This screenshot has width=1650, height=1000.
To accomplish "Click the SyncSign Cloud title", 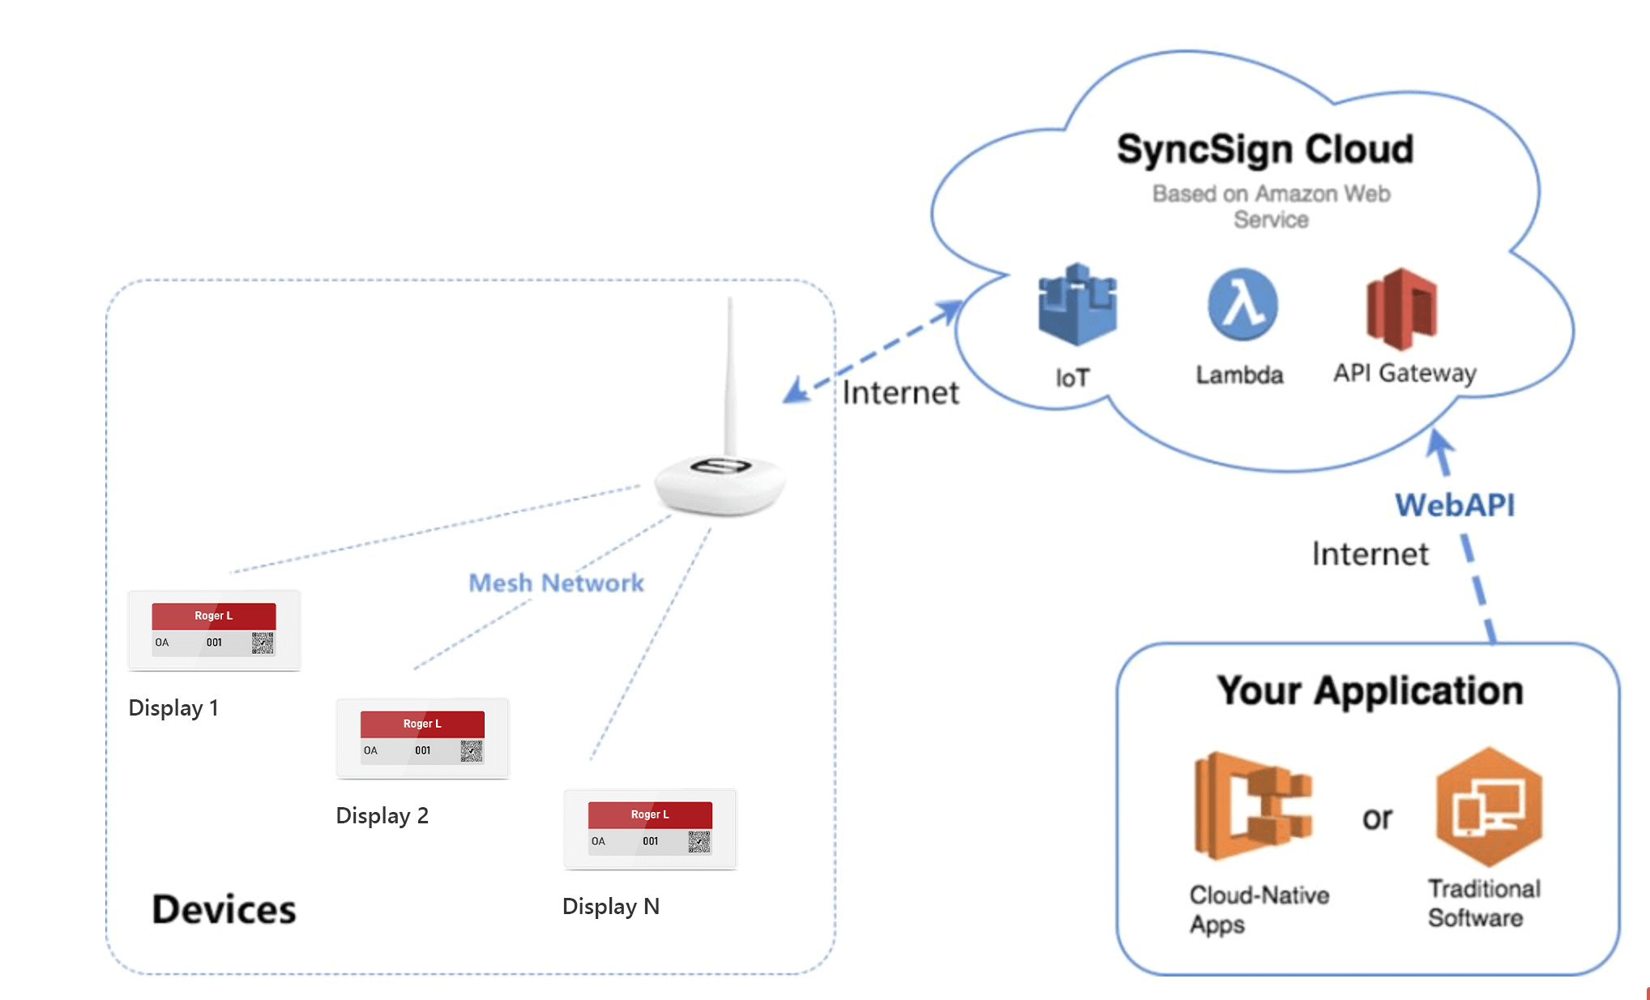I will click(1264, 150).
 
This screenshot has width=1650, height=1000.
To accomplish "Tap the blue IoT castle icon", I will click(1077, 306).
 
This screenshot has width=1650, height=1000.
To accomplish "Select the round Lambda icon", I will click(1242, 305).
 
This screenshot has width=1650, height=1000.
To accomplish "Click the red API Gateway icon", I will click(1401, 310).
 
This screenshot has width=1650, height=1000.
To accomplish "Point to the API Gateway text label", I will click(1404, 373).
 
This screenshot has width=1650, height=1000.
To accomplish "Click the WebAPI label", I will click(1455, 505).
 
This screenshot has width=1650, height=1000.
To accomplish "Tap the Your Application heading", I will click(1370, 690).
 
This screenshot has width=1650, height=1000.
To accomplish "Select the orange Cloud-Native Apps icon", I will click(1253, 806).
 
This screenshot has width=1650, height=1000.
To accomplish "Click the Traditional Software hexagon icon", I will click(1489, 807).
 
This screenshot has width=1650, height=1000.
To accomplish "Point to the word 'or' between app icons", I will click(1377, 818).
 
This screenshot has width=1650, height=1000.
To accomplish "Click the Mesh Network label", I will click(556, 583).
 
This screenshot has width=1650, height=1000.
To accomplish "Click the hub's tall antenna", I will click(729, 373).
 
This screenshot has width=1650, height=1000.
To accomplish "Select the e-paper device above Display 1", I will click(214, 630).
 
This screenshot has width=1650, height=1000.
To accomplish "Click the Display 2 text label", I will click(382, 815).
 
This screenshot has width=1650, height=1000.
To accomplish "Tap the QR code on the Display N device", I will click(699, 842).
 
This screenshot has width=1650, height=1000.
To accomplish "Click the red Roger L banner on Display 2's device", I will click(422, 724).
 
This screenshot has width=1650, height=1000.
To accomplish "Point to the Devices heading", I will click(224, 909).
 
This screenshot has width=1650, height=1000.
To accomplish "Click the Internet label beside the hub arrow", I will click(900, 392).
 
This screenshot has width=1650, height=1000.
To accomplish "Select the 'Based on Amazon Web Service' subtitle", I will click(1271, 206).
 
